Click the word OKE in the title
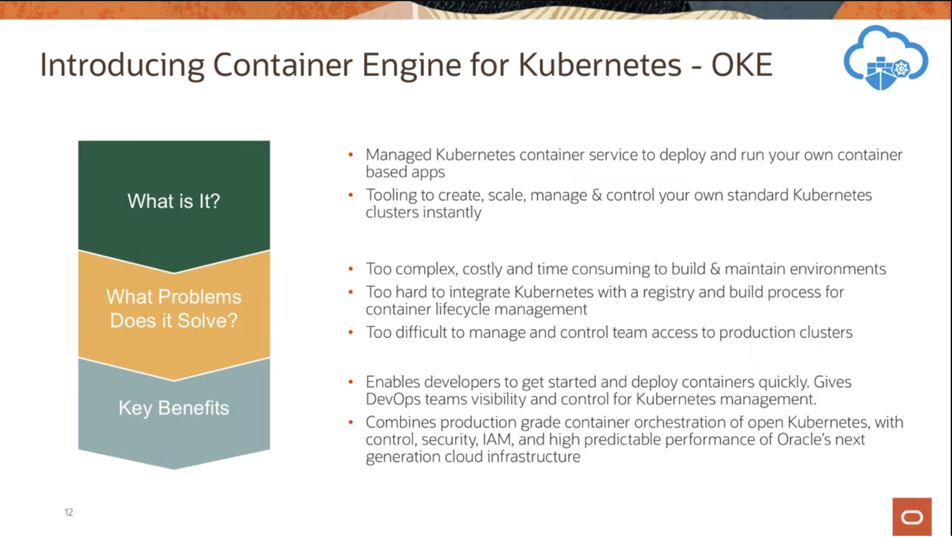[741, 65]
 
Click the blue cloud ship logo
[885, 58]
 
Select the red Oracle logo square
[912, 517]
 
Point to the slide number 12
[69, 513]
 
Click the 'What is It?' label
[174, 201]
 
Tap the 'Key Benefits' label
[174, 408]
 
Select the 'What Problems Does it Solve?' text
[174, 309]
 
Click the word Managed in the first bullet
[398, 155]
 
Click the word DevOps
[393, 399]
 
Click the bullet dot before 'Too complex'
[351, 269]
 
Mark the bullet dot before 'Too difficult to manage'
[351, 332]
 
